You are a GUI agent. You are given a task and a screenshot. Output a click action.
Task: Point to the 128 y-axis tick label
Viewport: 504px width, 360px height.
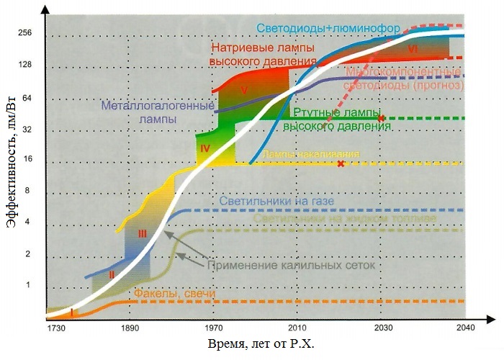coord(27,66)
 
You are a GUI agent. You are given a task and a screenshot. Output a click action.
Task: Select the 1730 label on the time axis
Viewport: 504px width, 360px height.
coord(56,328)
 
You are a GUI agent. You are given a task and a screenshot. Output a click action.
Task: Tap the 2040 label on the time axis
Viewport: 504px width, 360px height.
coord(464,328)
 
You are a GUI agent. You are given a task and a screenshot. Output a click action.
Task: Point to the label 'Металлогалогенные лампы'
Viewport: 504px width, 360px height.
coord(157,112)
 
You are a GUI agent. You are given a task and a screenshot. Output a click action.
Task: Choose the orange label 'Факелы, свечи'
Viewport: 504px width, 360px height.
coord(169,294)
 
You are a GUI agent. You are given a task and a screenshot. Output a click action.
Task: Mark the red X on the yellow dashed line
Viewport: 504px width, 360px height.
coord(341,163)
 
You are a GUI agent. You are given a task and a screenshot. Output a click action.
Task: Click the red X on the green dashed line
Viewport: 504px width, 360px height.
coord(382,118)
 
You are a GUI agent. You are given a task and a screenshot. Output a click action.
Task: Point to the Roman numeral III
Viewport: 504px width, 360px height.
coord(142,233)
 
